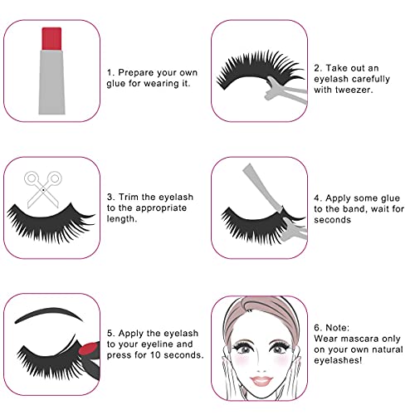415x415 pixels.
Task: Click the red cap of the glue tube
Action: [x=51, y=38]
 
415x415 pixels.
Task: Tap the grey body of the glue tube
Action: [x=52, y=82]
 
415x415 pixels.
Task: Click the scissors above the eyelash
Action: [x=43, y=189]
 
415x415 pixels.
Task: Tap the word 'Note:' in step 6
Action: [x=337, y=328]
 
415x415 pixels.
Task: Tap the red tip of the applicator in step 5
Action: [x=88, y=349]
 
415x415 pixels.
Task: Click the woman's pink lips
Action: [x=261, y=381]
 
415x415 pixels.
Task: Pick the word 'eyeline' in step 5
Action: [x=159, y=344]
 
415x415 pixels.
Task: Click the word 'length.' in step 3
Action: [x=122, y=219]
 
